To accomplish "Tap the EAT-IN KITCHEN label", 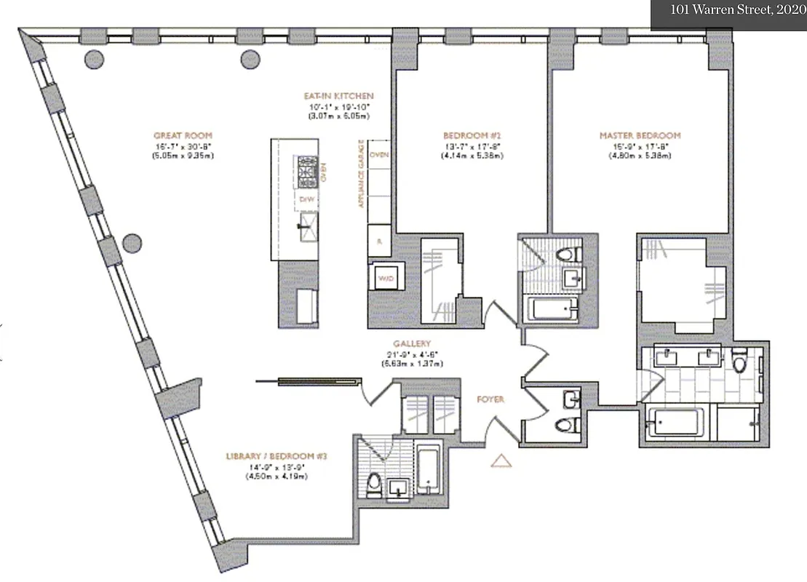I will (x=339, y=96).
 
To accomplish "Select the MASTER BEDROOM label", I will (x=640, y=135).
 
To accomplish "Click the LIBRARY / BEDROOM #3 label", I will (x=276, y=457).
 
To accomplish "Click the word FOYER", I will (x=490, y=399).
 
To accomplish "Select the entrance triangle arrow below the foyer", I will (x=500, y=461).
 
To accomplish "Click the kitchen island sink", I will (x=306, y=226).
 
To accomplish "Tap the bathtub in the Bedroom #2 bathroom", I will (x=554, y=310).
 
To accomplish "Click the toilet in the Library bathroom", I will (x=373, y=483).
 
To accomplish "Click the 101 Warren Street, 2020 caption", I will (x=729, y=12).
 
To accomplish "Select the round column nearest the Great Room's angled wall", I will (x=132, y=242).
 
